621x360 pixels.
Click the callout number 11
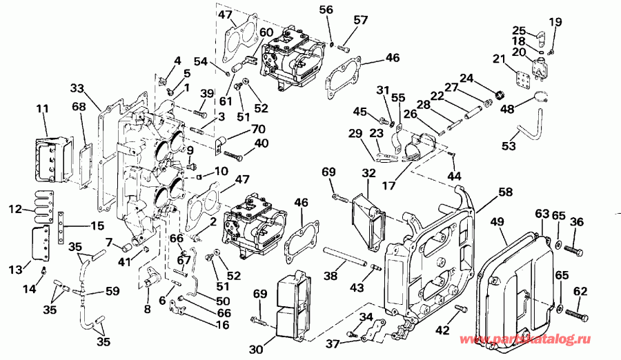42,109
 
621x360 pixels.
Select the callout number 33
77,88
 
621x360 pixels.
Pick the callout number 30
255,349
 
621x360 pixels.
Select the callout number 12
14,209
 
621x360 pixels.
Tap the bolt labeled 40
232,156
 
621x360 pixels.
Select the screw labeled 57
345,48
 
